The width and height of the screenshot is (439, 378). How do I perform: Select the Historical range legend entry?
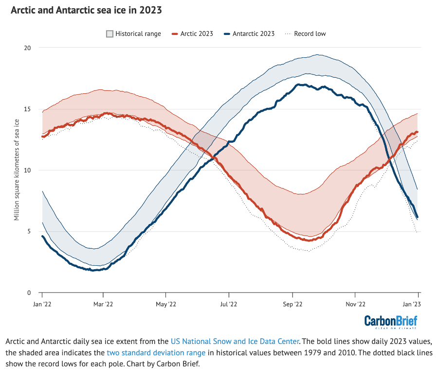[x=133, y=34]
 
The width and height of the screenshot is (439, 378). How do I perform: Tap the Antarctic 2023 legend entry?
[x=249, y=34]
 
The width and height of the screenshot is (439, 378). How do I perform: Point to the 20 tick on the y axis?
[x=28, y=48]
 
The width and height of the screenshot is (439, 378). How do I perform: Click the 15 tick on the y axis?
[x=28, y=109]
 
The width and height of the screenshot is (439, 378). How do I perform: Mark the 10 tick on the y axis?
[x=28, y=170]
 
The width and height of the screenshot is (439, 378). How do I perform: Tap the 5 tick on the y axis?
[x=29, y=231]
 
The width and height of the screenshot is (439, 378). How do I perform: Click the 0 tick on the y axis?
[x=29, y=292]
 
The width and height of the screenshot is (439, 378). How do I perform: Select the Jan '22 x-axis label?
[x=42, y=304]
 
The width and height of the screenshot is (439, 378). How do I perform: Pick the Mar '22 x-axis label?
[x=103, y=304]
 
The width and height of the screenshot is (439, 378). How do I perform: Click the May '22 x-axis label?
[x=166, y=304]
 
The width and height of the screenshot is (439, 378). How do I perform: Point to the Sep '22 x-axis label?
[x=292, y=304]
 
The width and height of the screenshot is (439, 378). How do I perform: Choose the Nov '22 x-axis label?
[x=355, y=304]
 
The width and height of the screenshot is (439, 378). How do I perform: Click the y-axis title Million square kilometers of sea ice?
[x=17, y=170]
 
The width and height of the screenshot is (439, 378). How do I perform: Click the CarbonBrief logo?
[x=390, y=322]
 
